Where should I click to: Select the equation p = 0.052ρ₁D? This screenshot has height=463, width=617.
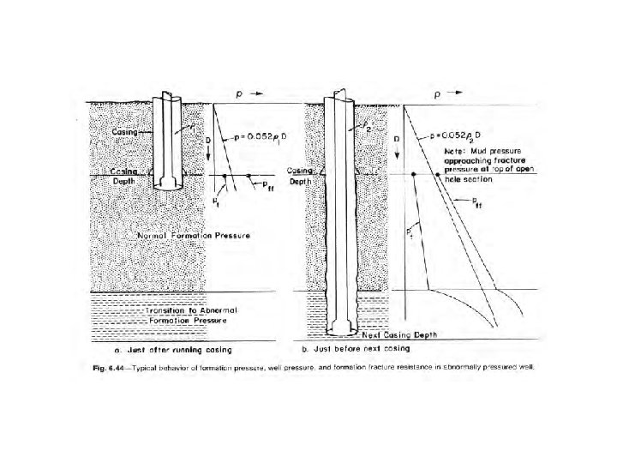256,137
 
